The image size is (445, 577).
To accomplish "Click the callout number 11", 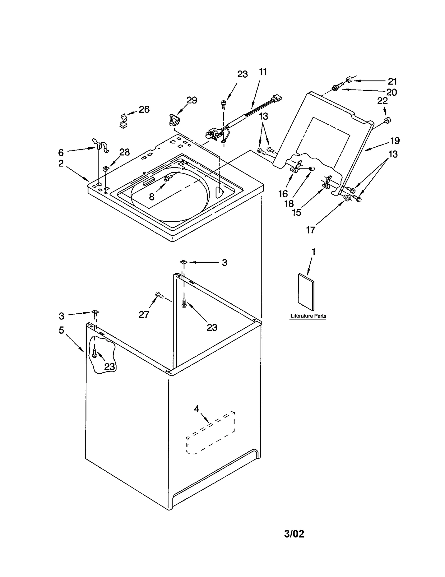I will pos(262,72).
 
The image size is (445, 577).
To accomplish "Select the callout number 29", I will pos(192,100).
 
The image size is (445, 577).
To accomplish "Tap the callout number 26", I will pos(144,109).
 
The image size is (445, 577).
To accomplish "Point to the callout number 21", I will pos(392,81).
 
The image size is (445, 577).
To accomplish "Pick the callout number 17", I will pos(311,230).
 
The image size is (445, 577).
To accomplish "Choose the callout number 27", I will pos(144,314).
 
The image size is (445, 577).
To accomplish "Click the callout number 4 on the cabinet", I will pos(197,409).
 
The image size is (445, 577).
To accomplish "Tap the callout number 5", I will pos(61,330).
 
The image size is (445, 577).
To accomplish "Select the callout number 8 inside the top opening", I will pos(152,197).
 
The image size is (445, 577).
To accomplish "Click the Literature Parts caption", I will pos(308,316).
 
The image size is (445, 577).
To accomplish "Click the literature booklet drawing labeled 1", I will pos(306,292).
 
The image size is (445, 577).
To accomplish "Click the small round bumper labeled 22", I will pos(386,120).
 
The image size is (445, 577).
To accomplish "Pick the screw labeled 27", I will pos(159,294).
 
